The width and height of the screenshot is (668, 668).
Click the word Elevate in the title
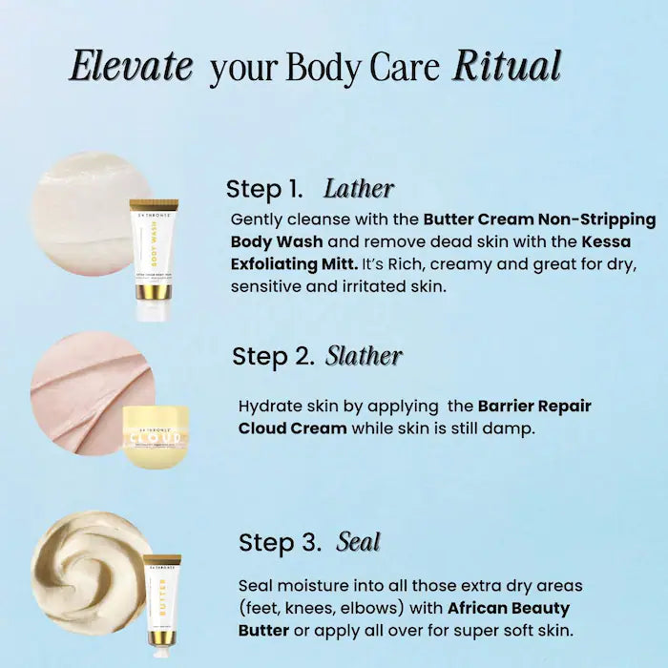132,66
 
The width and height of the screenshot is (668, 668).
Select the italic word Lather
358,188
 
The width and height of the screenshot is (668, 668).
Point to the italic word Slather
364,356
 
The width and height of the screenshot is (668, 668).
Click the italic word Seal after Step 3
358,542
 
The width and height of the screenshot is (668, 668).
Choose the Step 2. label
273,357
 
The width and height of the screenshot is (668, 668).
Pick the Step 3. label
280,543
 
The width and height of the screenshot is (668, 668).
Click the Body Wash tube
154,258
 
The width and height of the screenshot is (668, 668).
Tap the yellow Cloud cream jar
156,435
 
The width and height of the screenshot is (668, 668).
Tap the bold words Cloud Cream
292,428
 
